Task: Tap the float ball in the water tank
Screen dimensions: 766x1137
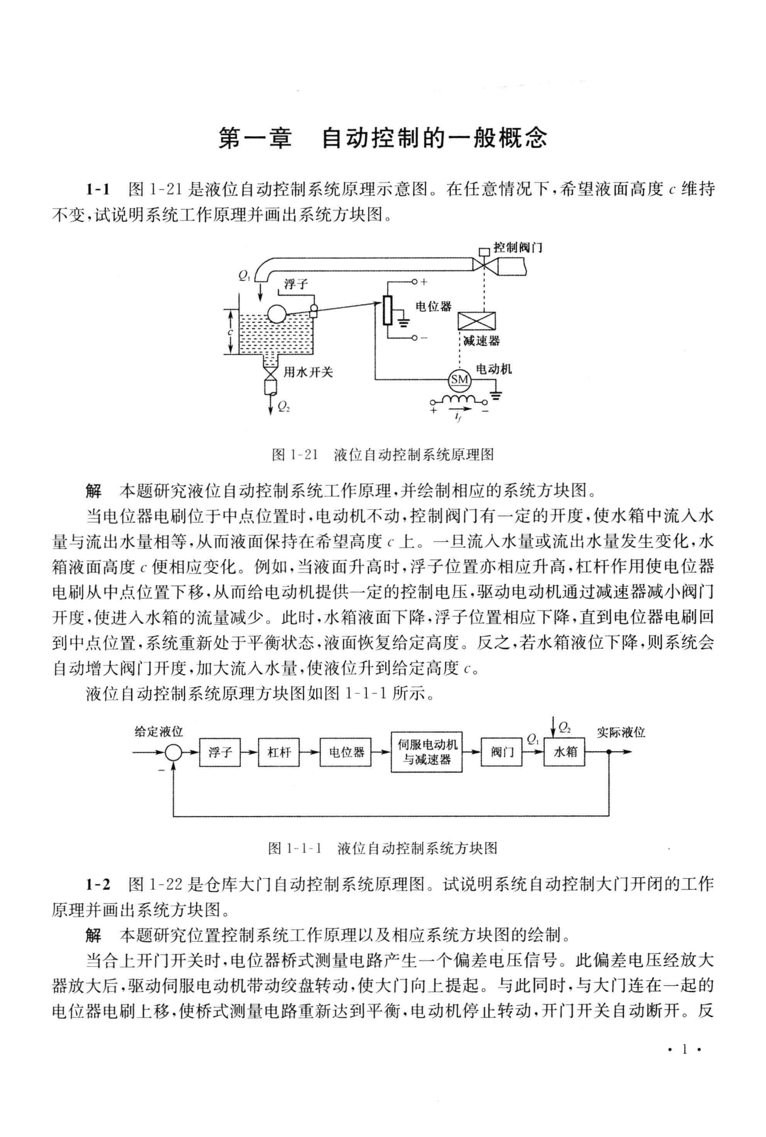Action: coord(276,313)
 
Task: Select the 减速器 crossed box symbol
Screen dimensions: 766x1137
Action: coord(476,321)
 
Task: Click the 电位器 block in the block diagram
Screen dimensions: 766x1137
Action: coord(346,752)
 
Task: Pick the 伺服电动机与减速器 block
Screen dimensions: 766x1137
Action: coord(426,752)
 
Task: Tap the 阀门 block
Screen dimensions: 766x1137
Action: coord(502,752)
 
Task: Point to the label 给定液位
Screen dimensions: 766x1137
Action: coord(159,732)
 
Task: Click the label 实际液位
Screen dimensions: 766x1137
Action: coord(621,732)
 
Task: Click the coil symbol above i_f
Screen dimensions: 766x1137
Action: coord(460,399)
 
